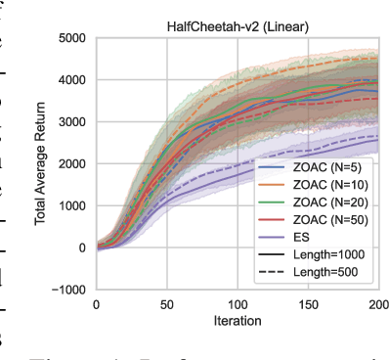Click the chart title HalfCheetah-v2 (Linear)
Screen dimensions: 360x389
point(238,29)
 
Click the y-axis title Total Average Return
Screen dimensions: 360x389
point(42,163)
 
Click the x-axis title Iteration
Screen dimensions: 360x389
point(238,320)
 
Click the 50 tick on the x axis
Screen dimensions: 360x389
point(167,303)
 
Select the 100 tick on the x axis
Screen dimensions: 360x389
point(238,303)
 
